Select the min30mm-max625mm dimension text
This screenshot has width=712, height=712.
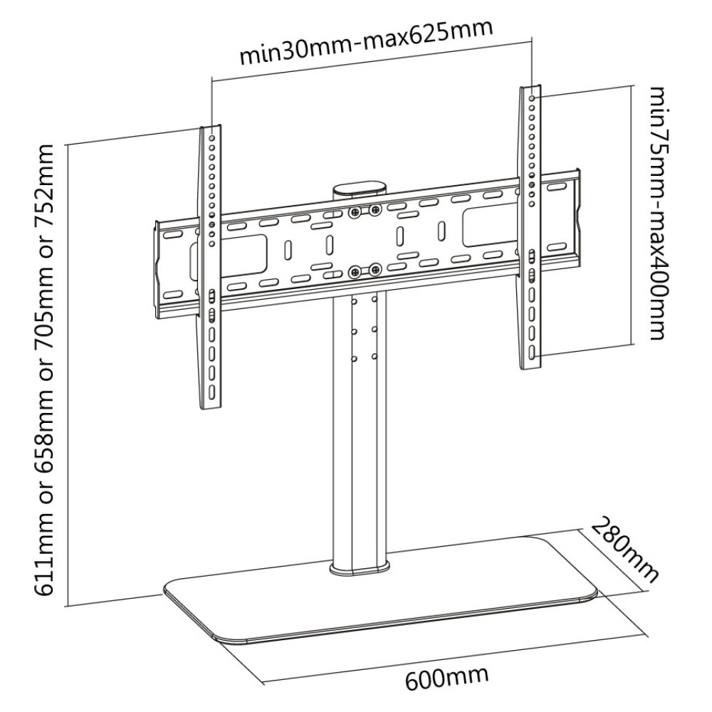tap(366, 44)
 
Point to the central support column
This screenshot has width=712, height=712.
tap(360, 427)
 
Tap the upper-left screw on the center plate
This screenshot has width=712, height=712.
tap(354, 211)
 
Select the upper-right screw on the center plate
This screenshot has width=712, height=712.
tap(375, 209)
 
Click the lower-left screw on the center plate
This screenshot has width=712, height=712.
tap(354, 271)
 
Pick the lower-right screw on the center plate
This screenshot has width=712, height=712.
tap(375, 269)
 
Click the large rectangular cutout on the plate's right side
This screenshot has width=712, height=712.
tap(488, 226)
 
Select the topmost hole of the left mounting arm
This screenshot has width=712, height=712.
tap(212, 133)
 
